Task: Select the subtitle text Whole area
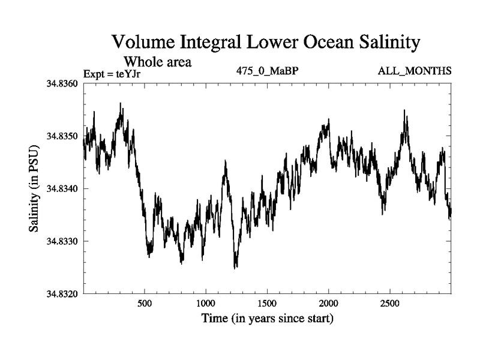click(157, 61)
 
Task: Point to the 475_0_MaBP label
click(267, 71)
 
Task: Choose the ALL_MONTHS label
click(415, 71)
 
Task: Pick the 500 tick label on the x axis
click(145, 304)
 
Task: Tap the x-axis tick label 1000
click(206, 304)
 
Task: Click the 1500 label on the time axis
click(268, 304)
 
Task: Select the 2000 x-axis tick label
click(329, 304)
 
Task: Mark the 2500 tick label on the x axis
click(390, 304)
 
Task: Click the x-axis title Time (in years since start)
click(267, 319)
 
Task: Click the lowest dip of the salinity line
click(235, 268)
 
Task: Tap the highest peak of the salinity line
click(121, 104)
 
